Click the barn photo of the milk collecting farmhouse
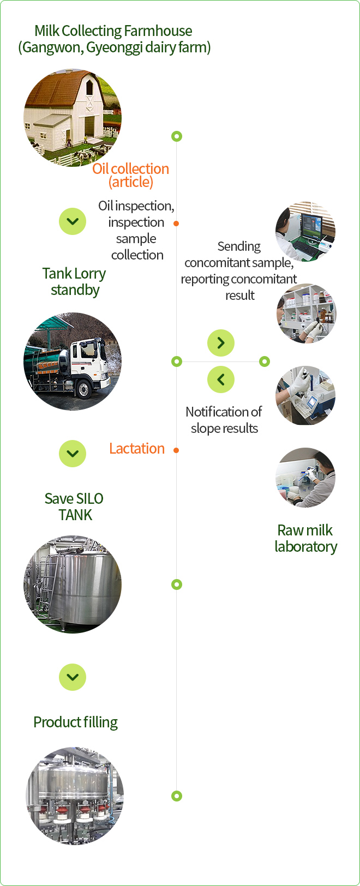click(73, 118)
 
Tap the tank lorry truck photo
click(73, 361)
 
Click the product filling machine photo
click(75, 796)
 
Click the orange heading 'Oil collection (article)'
click(131, 175)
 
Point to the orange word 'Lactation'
click(137, 449)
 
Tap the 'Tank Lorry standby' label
click(74, 281)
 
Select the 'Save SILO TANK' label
click(74, 507)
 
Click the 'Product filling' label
click(76, 722)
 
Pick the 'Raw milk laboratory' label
click(305, 538)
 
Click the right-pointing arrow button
click(221, 343)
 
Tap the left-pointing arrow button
click(221, 379)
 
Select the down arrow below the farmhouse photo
click(73, 221)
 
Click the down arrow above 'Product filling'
click(73, 677)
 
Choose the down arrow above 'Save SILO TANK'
click(73, 454)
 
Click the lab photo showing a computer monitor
click(305, 232)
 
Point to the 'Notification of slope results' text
click(224, 420)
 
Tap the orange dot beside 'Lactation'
click(176, 450)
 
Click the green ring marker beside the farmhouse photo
click(176, 136)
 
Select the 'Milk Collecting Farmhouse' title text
click(114, 31)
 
